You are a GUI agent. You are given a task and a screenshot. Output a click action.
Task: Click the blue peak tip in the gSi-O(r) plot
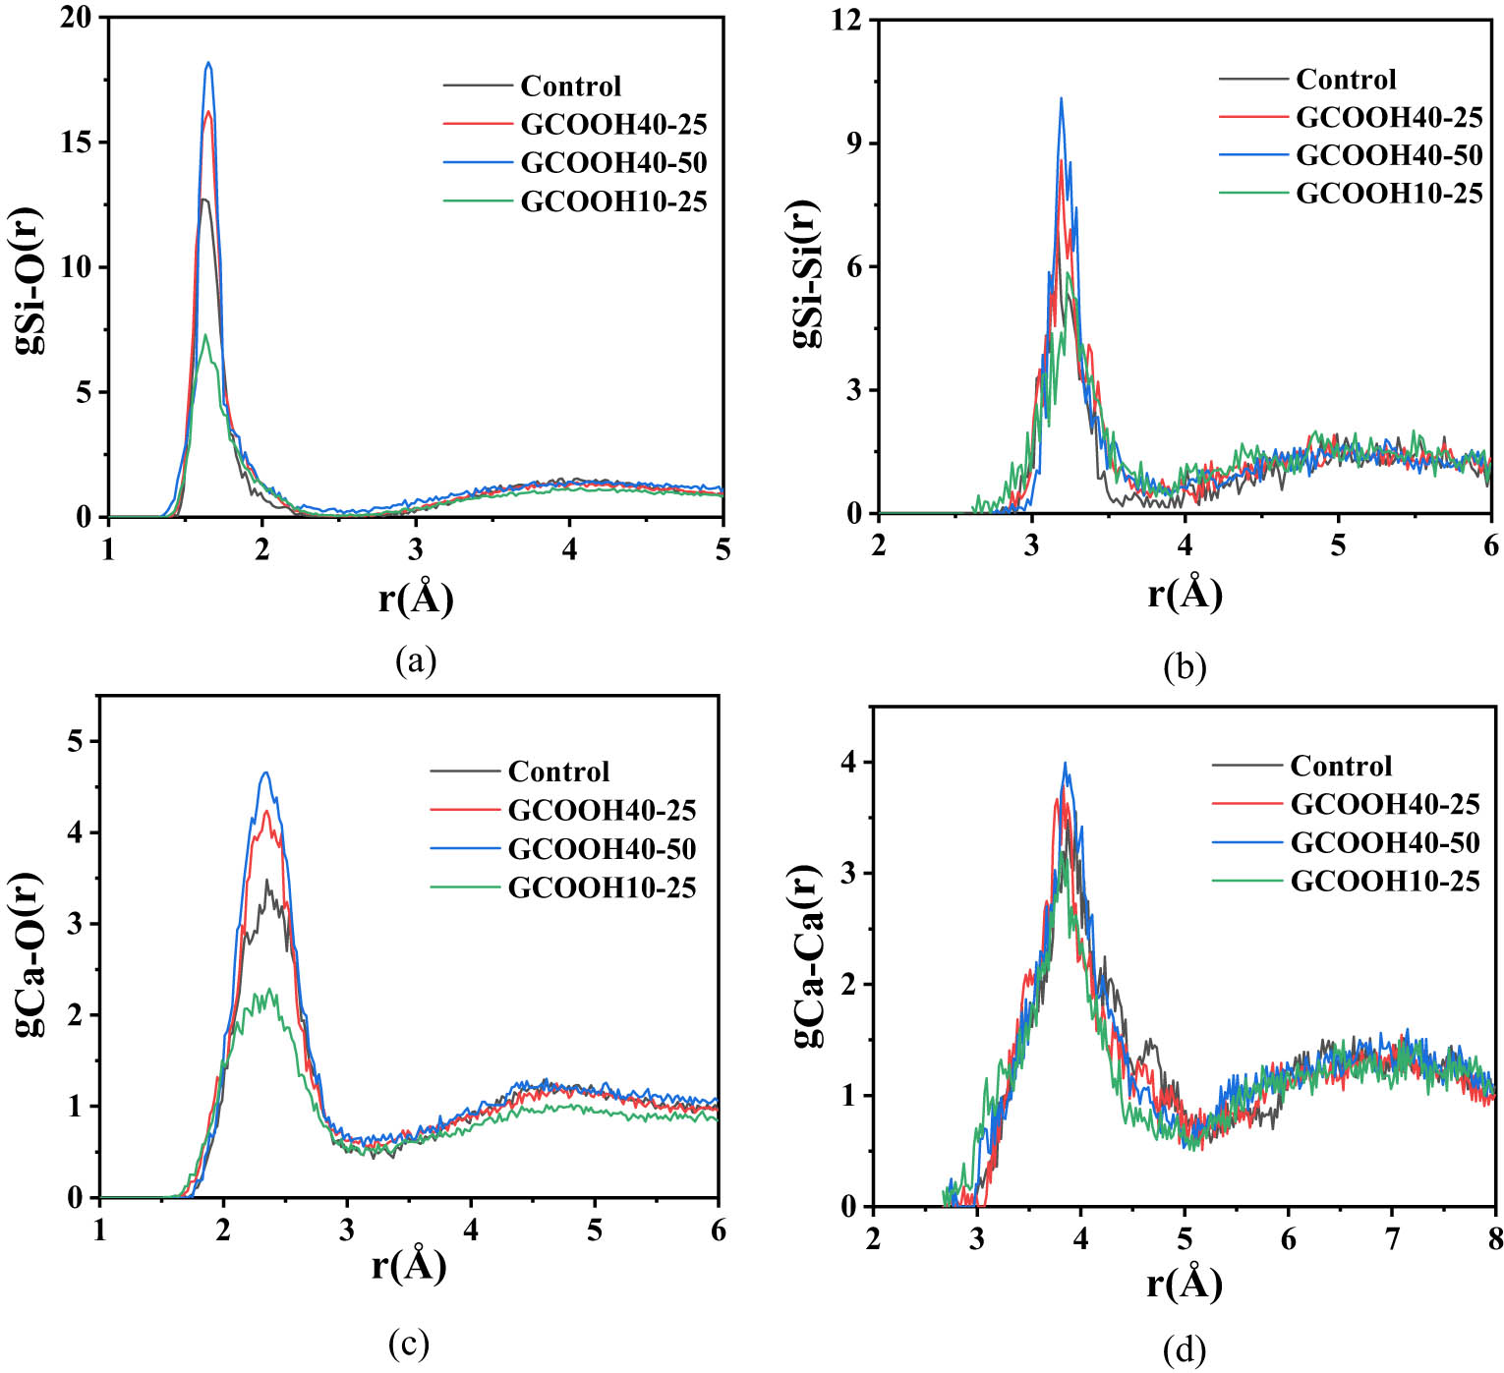pos(207,64)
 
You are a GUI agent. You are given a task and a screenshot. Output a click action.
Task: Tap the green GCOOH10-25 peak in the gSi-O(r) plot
pos(204,336)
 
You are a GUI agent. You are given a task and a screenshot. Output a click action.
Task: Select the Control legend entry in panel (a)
pos(570,86)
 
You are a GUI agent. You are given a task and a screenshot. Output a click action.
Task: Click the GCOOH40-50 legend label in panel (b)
pos(1388,155)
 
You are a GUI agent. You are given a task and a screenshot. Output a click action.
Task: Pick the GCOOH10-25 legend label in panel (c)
pos(602,887)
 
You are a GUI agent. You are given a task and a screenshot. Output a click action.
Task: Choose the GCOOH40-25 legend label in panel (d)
pos(1384,804)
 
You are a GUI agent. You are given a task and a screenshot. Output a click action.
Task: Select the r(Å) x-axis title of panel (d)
pos(1184,1284)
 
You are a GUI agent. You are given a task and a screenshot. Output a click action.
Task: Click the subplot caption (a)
pos(415,659)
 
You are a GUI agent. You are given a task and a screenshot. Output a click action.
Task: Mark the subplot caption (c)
pos(408,1342)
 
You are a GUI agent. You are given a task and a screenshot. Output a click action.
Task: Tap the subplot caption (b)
pos(1184,667)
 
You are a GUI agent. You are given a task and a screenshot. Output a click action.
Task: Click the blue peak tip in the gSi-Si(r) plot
pos(1061,98)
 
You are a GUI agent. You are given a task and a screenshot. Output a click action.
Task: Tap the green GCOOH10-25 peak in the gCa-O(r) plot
pos(265,991)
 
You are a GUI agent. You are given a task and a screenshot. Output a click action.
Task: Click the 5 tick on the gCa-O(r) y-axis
pos(77,741)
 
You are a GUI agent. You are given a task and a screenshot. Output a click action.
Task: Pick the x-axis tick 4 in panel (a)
pos(569,548)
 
